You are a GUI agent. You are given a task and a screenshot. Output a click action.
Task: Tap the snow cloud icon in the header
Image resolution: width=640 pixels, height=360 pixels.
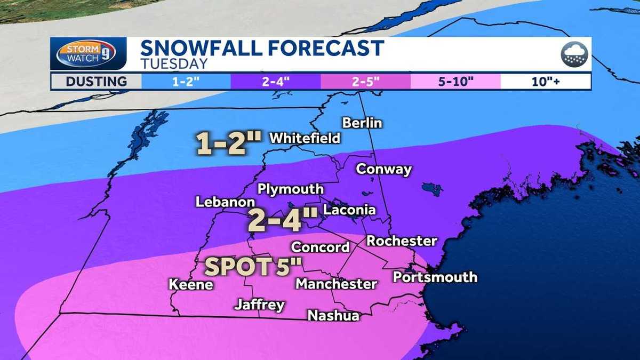tap(574, 54)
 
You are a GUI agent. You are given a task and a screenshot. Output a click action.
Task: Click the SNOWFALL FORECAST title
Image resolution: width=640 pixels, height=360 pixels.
tap(262, 48)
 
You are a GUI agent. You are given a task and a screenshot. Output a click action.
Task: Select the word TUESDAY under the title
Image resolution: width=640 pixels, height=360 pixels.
tap(174, 64)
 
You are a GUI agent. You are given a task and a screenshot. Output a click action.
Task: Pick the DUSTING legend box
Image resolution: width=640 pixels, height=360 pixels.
tap(97, 82)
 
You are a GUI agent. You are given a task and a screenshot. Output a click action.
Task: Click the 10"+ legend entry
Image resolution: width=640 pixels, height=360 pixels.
tap(546, 82)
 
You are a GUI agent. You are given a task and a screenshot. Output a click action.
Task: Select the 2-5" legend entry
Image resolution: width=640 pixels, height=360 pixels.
tap(366, 82)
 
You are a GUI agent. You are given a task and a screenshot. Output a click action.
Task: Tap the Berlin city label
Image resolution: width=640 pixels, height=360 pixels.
tap(362, 123)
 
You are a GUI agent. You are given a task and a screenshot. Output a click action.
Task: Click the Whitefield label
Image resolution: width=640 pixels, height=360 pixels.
tap(305, 138)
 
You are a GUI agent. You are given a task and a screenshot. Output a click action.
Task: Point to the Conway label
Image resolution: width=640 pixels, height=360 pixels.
tap(383, 170)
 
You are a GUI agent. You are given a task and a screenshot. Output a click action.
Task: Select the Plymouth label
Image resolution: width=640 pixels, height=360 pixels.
tap(290, 189)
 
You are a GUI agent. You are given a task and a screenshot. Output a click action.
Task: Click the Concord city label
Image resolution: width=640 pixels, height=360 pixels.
tap(320, 247)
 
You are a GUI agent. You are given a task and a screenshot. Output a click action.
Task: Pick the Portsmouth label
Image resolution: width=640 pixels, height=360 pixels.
tap(435, 277)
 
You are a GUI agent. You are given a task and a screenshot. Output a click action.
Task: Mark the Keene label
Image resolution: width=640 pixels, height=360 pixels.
tap(191, 284)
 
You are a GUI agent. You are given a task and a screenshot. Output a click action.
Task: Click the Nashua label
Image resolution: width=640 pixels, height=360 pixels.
tap(333, 316)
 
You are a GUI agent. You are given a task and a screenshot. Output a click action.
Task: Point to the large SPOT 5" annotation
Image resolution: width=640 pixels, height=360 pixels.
tap(250, 267)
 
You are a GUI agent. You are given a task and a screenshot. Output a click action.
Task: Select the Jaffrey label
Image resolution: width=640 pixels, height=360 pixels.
tap(259, 306)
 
